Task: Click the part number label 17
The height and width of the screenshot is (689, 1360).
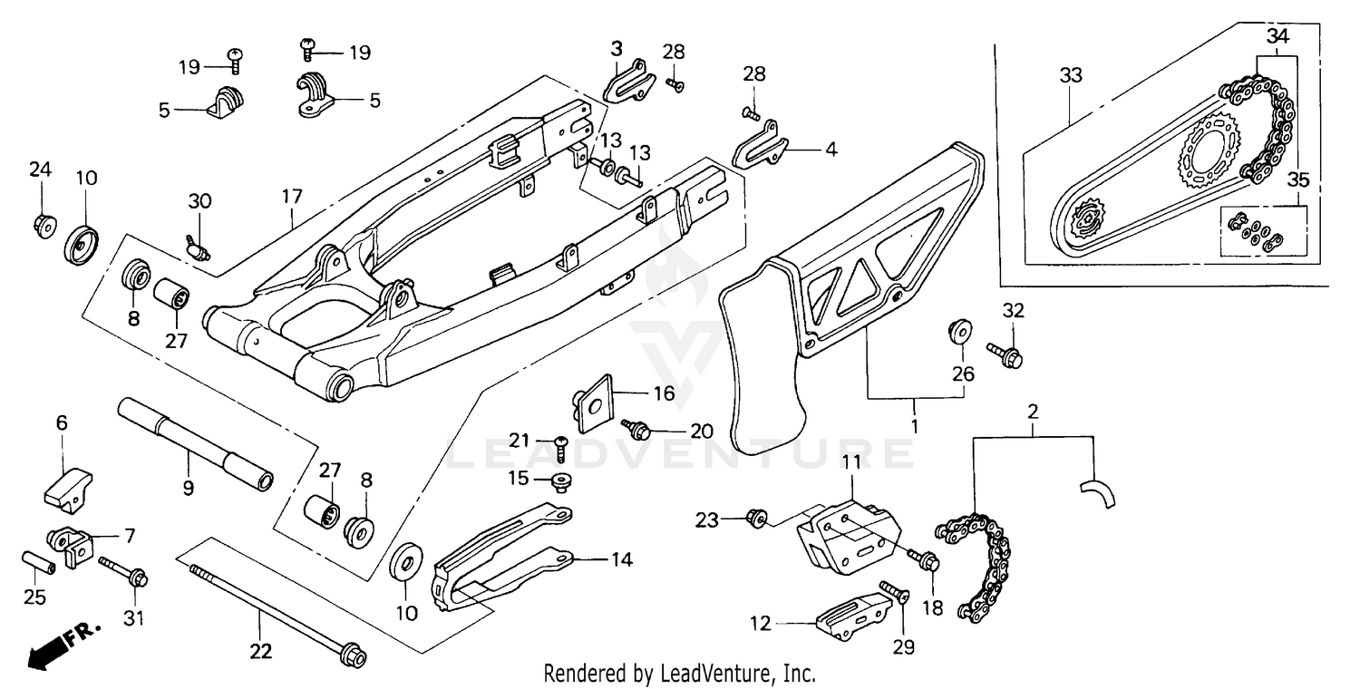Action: pyautogui.click(x=292, y=195)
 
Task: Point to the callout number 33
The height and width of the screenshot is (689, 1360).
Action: pyautogui.click(x=1071, y=76)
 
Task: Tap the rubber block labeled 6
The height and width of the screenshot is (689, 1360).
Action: pyautogui.click(x=68, y=486)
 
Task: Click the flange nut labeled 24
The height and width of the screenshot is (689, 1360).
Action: pyautogui.click(x=43, y=223)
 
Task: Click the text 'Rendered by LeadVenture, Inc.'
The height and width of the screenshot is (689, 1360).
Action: pyautogui.click(x=679, y=674)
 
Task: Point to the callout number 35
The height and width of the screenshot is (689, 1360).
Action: pyautogui.click(x=1299, y=180)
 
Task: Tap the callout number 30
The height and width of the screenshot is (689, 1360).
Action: pyautogui.click(x=199, y=200)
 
